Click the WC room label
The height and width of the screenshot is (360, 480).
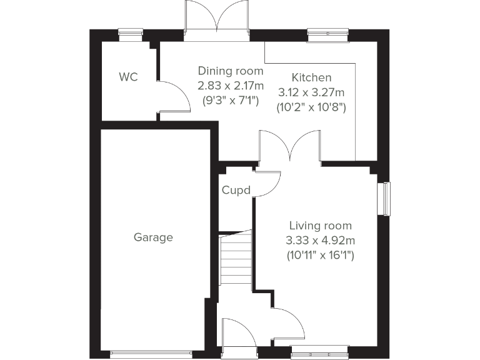pyautogui.click(x=128, y=77)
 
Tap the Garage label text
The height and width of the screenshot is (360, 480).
pyautogui.click(x=153, y=237)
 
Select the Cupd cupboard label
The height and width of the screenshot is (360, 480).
pyautogui.click(x=236, y=190)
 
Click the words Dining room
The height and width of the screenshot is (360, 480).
pyautogui.click(x=230, y=71)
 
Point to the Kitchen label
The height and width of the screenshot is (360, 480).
pyautogui.click(x=311, y=78)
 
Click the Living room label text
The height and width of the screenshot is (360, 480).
pyautogui.click(x=320, y=226)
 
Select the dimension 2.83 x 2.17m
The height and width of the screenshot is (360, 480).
pyautogui.click(x=230, y=85)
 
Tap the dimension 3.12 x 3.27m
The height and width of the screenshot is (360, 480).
pyautogui.click(x=311, y=92)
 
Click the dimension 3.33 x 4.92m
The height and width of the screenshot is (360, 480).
pyautogui.click(x=320, y=240)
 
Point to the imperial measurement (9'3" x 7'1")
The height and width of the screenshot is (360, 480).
pyautogui.click(x=230, y=99)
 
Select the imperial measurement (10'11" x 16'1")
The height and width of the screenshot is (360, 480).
pyautogui.click(x=320, y=255)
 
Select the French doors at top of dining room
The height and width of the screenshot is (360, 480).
pyautogui.click(x=217, y=20)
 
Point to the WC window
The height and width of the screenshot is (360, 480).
pyautogui.click(x=130, y=34)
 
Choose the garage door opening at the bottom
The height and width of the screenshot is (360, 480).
pyautogui.click(x=153, y=354)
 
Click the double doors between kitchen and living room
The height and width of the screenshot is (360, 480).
pyautogui.click(x=290, y=147)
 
